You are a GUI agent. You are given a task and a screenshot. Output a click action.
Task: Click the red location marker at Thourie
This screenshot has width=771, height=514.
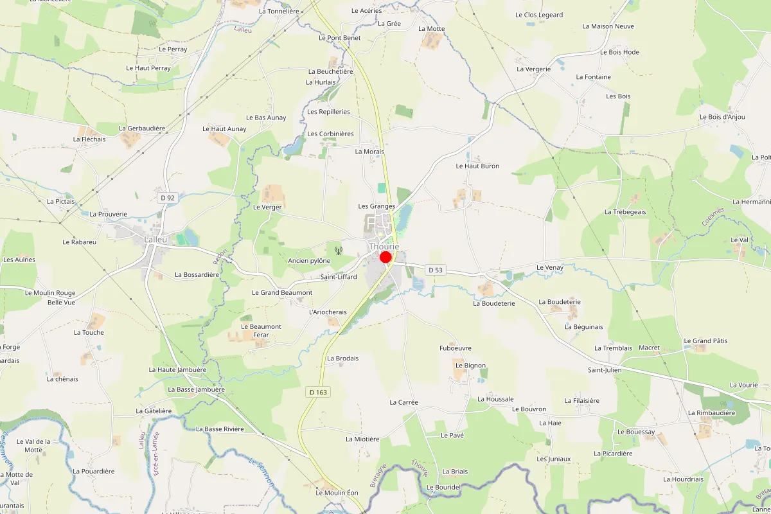tap(385, 257)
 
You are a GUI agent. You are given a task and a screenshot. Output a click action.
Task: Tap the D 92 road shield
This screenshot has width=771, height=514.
tap(168, 198)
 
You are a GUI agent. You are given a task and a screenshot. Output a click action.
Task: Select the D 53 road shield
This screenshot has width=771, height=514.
tap(435, 270)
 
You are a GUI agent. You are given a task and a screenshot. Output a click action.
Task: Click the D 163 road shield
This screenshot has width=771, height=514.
tap(317, 392)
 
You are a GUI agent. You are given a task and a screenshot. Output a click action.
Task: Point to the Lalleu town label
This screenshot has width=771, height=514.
tap(155, 239)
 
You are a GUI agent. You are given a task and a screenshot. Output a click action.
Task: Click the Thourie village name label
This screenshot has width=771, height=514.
tap(384, 246)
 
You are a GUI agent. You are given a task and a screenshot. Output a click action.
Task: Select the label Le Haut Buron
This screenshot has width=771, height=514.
tap(477, 166)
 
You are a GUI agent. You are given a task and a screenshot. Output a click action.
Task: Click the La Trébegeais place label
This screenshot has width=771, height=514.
tap(625, 211)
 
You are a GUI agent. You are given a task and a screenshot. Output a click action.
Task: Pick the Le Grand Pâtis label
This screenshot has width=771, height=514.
tap(705, 341)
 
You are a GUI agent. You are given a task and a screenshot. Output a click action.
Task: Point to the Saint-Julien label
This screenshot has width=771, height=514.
tap(605, 370)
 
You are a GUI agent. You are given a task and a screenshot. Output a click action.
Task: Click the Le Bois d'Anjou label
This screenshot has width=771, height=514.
tap(722, 117)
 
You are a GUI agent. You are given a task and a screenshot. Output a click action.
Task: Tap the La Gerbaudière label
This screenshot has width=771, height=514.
tap(142, 128)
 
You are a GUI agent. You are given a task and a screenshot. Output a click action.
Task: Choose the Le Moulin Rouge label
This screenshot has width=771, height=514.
tap(50, 293)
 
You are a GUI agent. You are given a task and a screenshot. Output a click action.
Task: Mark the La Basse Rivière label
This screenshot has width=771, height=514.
tap(220, 429)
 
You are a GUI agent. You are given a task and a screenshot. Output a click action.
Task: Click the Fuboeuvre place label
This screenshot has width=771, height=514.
tap(455, 348)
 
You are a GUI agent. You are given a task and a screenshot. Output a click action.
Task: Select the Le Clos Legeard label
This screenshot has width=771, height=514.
tap(539, 15)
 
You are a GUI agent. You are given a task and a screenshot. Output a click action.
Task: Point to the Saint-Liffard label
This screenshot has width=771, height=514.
tap(339, 277)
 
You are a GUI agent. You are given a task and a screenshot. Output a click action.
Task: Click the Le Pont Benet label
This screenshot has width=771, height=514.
tap(339, 38)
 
